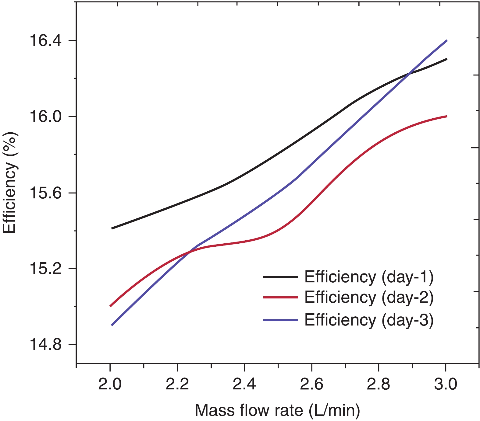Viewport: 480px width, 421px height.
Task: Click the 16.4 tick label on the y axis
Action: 45,41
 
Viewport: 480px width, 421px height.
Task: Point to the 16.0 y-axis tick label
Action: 45,117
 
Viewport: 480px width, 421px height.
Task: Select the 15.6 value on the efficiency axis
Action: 45,193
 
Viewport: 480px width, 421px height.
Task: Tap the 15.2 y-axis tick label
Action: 45,269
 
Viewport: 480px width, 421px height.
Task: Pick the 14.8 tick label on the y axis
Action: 45,345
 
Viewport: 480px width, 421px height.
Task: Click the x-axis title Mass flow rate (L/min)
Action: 277,410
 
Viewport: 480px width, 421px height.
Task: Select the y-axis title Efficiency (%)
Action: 10,183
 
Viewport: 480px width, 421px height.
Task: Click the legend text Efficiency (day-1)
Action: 369,277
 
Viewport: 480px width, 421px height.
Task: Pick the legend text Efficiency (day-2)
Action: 369,297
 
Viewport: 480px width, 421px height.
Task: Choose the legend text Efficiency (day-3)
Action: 369,320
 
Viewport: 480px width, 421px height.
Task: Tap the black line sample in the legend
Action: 280,277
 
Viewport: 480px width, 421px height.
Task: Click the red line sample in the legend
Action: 280,297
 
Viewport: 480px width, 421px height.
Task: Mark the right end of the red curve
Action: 446,116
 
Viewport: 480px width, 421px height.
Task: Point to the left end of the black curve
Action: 112,228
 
